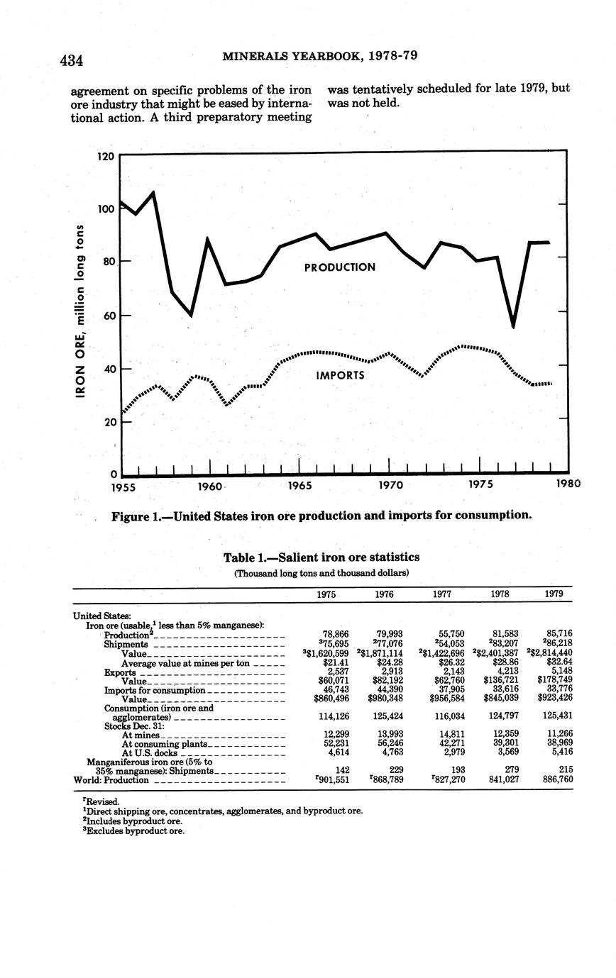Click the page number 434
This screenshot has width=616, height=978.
tap(72, 60)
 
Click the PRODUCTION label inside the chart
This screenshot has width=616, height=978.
tap(339, 267)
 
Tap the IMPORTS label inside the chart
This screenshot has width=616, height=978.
tap(340, 375)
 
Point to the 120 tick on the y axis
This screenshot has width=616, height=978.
tap(105, 155)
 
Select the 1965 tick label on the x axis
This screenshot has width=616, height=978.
tap(299, 486)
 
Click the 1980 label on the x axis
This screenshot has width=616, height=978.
tap(568, 484)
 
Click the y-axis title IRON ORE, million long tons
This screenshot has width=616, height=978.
tap(82, 310)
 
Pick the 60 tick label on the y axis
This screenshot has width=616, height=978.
tap(105, 316)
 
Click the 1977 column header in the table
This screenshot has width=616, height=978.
tap(441, 594)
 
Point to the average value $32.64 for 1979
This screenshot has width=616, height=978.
tap(559, 662)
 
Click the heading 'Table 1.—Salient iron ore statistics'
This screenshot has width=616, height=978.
tap(321, 557)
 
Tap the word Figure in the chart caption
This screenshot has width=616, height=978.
tap(130, 515)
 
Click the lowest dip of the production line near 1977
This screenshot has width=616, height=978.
tap(513, 327)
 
